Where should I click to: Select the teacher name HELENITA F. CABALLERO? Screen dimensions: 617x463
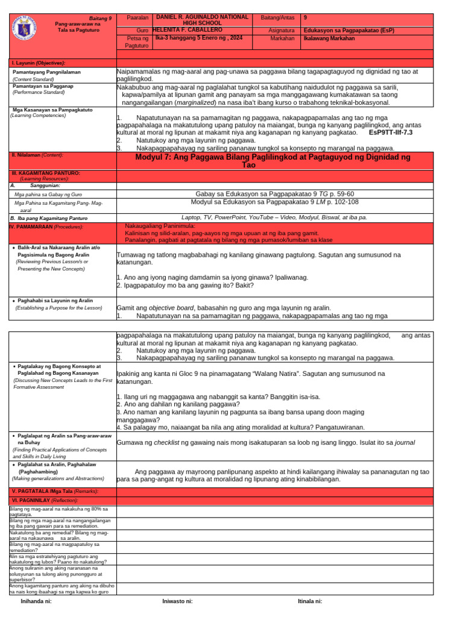[187, 30]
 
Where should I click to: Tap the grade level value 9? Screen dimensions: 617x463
[306, 18]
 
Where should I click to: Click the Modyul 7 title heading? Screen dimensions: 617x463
[274, 160]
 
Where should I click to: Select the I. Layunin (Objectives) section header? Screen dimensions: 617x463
[39, 63]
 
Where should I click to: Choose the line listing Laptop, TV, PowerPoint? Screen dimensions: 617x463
[274, 217]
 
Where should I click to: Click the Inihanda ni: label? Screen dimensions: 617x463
[37, 601]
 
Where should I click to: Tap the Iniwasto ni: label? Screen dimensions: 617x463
[178, 601]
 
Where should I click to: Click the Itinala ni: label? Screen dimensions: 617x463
[310, 601]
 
